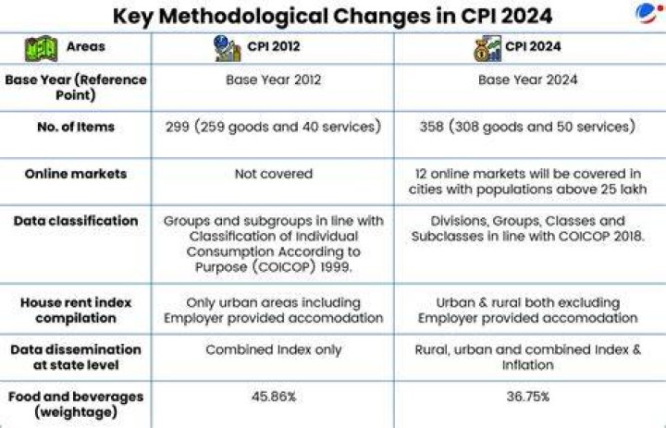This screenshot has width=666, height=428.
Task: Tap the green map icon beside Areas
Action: [42, 48]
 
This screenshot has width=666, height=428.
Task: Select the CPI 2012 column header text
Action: [274, 46]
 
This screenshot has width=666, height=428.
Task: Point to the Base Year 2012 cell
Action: [274, 79]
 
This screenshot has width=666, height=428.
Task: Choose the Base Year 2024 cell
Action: [527, 79]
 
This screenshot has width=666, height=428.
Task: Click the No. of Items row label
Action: [76, 127]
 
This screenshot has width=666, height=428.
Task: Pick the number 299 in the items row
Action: [177, 127]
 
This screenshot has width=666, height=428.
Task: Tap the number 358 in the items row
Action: [432, 127]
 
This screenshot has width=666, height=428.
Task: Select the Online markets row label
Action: [76, 174]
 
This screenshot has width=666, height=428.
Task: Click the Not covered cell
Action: [274, 174]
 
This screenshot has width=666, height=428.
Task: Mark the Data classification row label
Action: [76, 221]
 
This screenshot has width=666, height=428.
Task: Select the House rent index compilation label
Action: [76, 311]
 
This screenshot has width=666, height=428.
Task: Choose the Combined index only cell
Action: [274, 349]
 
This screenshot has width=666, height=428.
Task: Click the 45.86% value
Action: [274, 397]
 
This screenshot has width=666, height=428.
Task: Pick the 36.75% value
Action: [528, 397]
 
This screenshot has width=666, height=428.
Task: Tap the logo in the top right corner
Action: [648, 13]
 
